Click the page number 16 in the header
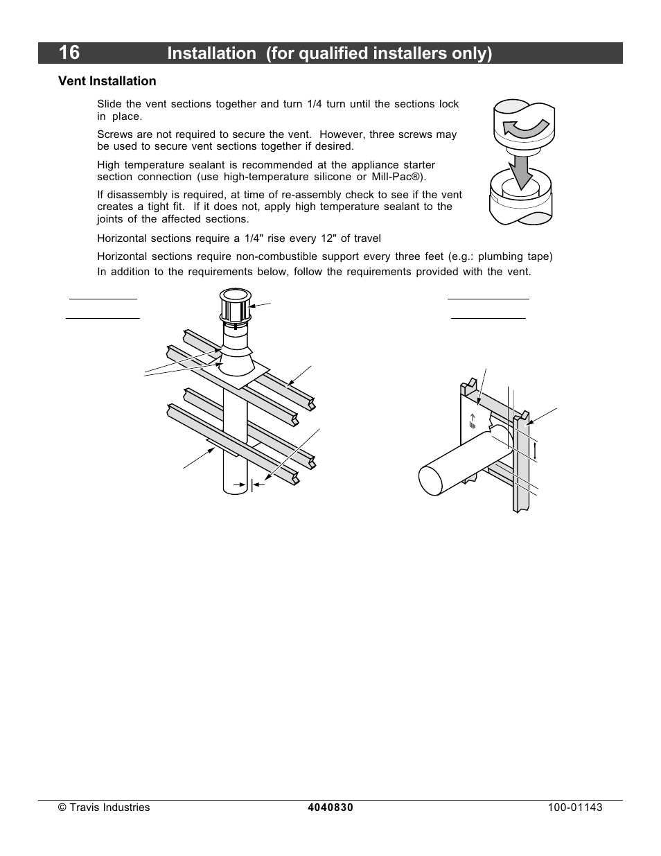coord(69,53)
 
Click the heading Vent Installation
coord(107,81)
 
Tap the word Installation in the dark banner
coord(212,53)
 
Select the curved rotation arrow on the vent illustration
coord(525,128)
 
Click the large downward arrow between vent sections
coord(520,172)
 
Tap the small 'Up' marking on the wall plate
coord(473,421)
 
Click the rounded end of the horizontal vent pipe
coord(431,480)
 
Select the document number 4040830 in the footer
coord(330,807)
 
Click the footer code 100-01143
coord(575,807)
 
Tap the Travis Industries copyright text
coord(104,807)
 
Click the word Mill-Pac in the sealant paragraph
coord(395,177)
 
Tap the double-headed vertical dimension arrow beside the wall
coord(535,451)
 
